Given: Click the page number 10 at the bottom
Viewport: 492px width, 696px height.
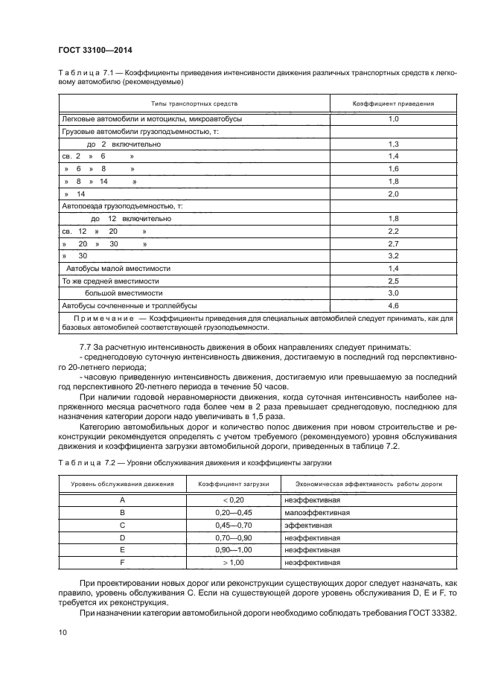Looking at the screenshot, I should click(x=62, y=632).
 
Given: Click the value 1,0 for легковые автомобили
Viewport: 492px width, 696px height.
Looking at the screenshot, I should click(x=394, y=118).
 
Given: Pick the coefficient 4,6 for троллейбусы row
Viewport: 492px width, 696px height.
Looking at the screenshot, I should click(x=394, y=306).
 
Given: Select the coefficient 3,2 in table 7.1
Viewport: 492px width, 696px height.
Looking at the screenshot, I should click(x=394, y=256).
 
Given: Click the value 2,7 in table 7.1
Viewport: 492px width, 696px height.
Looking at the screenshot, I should click(x=394, y=244).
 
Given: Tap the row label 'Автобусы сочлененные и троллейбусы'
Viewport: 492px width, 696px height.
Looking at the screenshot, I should click(x=130, y=306).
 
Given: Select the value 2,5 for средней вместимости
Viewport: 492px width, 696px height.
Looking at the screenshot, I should click(x=394, y=281).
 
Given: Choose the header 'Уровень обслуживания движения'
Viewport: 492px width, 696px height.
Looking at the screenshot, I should click(x=122, y=484).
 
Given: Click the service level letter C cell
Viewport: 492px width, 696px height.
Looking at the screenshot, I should click(x=122, y=525).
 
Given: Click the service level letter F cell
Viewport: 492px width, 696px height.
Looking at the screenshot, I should click(x=122, y=563).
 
